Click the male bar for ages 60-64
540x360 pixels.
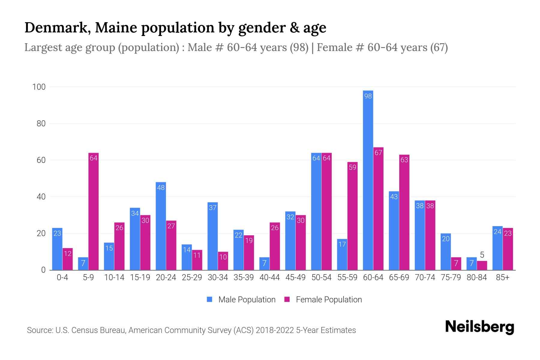[368, 180]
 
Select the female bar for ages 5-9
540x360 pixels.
[94, 211]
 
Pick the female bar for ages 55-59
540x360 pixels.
[352, 216]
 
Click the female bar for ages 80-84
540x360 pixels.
[482, 265]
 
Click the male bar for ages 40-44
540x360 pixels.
[264, 264]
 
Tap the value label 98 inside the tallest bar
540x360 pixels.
[368, 96]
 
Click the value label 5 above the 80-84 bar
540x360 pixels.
[482, 255]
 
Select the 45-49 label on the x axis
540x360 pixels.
[295, 277]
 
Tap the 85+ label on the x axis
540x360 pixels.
[502, 277]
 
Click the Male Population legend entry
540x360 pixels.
[241, 300]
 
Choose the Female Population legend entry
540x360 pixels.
[323, 300]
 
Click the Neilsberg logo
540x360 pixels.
[479, 327]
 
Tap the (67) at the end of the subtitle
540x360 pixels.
[439, 47]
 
